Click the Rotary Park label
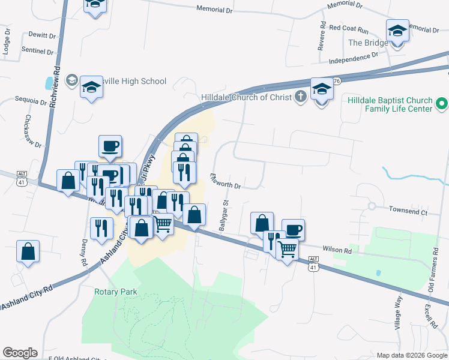[115, 292]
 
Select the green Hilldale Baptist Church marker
[442, 104]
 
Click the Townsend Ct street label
[408, 212]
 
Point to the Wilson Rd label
[336, 250]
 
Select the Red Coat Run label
[348, 28]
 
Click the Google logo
[20, 353]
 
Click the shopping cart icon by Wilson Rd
[288, 248]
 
